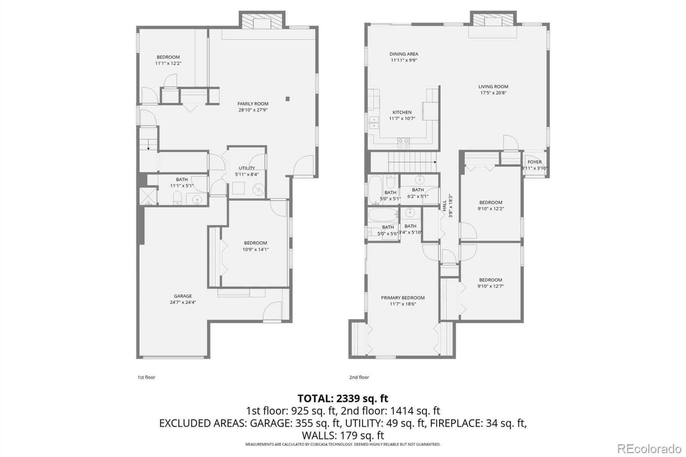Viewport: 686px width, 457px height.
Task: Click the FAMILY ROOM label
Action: (253, 104)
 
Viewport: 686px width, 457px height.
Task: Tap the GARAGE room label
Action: (183, 296)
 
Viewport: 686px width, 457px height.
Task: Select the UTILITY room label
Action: (247, 168)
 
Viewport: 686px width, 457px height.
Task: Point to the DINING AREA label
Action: (404, 54)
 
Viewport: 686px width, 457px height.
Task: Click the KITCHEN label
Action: (402, 112)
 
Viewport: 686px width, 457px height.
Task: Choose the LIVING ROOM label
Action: (493, 87)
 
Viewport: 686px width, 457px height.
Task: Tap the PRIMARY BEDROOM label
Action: (403, 298)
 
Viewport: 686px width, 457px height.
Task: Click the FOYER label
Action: (534, 162)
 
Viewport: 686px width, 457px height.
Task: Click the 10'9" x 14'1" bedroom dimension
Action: (256, 250)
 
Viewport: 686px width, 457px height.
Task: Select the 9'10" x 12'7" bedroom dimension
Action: (490, 286)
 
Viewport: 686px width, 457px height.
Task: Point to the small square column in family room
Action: (288, 99)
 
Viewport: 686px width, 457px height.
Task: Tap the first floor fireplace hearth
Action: (262, 22)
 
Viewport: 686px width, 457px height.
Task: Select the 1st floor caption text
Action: (146, 377)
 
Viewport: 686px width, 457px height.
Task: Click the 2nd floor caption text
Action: (359, 377)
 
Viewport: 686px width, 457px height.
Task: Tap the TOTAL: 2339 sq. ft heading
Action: (343, 398)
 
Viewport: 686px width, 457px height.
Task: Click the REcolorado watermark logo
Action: (649, 449)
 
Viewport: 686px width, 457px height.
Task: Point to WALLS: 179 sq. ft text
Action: (343, 436)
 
